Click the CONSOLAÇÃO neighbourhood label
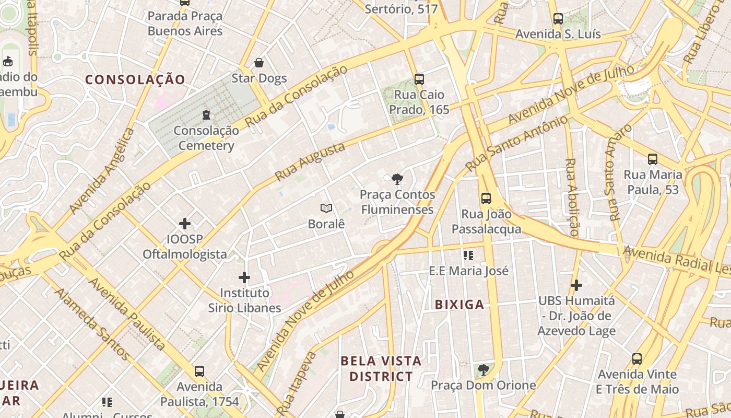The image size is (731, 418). [135, 79]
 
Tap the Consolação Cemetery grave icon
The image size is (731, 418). [206, 114]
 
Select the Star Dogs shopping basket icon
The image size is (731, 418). [259, 63]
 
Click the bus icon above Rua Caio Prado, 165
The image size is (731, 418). [419, 79]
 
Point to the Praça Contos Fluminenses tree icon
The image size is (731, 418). [397, 179]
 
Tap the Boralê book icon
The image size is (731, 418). [326, 208]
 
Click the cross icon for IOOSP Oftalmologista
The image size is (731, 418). [185, 224]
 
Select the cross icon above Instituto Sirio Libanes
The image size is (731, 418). [244, 277]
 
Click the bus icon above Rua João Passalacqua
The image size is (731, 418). [486, 199]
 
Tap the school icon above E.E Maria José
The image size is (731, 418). [468, 256]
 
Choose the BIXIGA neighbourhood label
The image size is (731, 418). [459, 305]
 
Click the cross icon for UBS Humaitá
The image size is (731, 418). [576, 285]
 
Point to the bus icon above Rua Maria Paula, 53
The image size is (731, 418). [653, 159]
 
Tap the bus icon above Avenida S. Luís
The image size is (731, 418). [558, 19]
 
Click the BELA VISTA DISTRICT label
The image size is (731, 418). [381, 368]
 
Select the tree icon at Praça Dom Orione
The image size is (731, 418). [484, 370]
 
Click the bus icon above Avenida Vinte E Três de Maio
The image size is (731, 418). [637, 359]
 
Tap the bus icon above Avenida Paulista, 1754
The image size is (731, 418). [199, 371]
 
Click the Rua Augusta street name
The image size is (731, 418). [310, 161]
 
